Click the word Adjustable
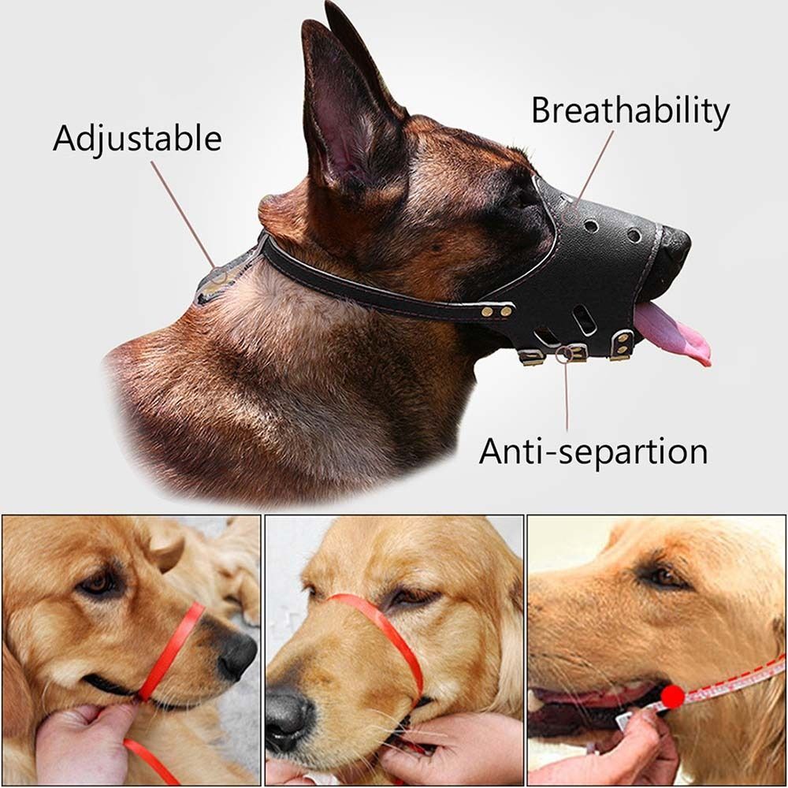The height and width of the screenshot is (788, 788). [x=137, y=139]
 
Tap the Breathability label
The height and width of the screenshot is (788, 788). [x=630, y=111]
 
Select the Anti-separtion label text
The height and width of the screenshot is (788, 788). [x=593, y=452]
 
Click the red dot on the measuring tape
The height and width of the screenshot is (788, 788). [x=672, y=696]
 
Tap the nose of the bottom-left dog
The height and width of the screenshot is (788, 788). [x=236, y=654]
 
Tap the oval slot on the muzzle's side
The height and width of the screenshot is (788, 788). [x=584, y=319]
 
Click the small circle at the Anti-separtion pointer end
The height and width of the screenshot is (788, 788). [x=563, y=354]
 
